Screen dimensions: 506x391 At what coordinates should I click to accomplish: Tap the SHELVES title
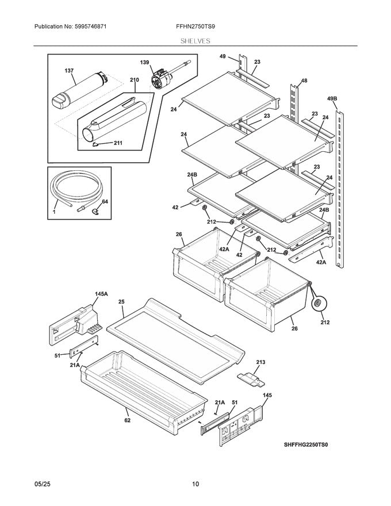(195, 41)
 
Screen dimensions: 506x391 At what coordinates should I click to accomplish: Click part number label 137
(69, 71)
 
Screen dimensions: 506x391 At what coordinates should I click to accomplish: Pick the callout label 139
(144, 62)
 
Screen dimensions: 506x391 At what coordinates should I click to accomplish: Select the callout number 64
(105, 201)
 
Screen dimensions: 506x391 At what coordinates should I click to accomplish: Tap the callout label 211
(118, 144)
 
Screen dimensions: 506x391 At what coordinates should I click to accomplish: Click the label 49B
(333, 99)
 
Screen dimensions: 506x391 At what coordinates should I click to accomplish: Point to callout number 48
(304, 81)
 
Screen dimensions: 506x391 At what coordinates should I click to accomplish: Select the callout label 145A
(101, 294)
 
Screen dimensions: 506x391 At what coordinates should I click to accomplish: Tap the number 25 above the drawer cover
(121, 301)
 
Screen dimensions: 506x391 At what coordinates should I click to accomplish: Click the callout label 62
(126, 420)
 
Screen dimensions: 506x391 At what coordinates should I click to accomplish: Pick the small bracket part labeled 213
(251, 378)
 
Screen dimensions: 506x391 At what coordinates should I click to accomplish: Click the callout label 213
(260, 362)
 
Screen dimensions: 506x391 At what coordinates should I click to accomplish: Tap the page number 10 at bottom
(195, 484)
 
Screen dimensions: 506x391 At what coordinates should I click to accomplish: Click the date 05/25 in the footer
(42, 484)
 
